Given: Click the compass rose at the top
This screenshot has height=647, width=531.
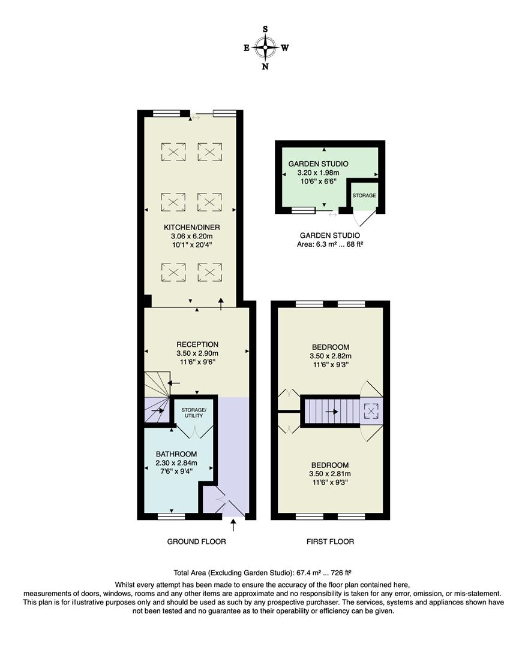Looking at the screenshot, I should click(x=265, y=47).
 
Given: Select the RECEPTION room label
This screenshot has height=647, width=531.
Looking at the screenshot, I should click(x=197, y=344).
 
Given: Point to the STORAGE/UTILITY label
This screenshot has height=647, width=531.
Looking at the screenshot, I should click(x=193, y=413).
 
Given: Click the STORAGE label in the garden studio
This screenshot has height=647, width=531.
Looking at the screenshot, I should click(x=364, y=196).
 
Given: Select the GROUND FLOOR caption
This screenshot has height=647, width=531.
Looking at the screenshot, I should click(x=196, y=542).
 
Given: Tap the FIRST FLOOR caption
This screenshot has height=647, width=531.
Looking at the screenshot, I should click(x=330, y=542).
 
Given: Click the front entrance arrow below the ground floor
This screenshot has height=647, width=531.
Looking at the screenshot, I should click(x=233, y=525).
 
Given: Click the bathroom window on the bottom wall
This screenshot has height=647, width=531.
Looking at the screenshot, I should click(x=171, y=516).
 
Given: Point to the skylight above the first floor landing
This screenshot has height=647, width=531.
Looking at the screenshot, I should click(x=371, y=411).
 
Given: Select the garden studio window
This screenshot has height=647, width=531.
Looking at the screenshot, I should click(x=303, y=210).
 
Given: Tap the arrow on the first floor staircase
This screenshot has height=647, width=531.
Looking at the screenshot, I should click(x=331, y=412).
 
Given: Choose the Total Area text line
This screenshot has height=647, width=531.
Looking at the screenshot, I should click(x=265, y=573).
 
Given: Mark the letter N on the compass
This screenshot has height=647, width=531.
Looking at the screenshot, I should click(x=265, y=66).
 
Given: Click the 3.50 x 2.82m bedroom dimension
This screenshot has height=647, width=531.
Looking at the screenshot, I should click(x=330, y=356).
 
